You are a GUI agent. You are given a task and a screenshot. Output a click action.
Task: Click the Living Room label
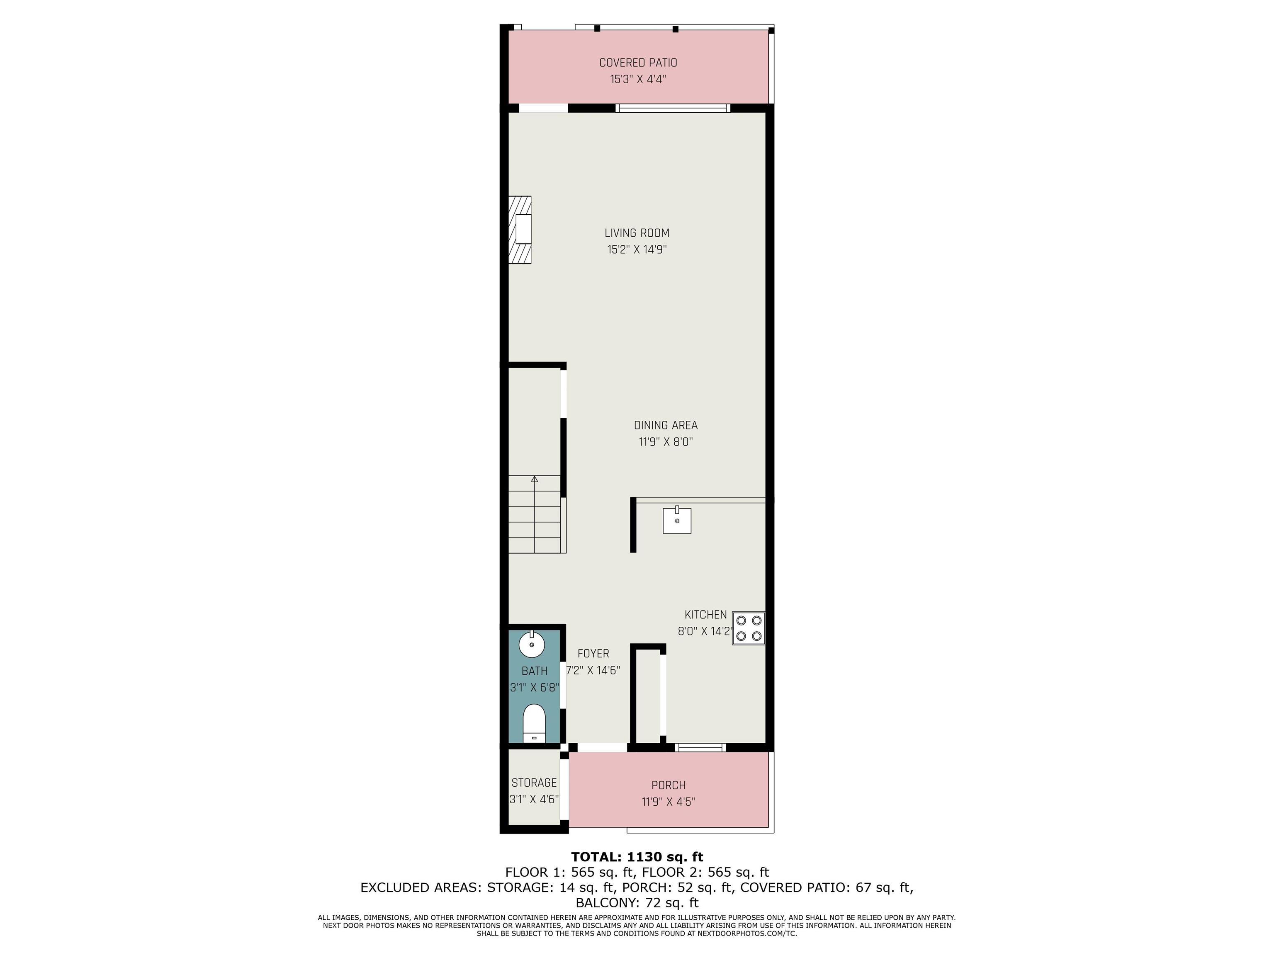point(637,233)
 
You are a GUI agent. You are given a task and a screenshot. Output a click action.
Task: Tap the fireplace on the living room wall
point(520,230)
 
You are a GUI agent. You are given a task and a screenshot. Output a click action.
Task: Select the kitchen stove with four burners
point(748,628)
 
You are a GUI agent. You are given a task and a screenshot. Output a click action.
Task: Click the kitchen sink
point(677,520)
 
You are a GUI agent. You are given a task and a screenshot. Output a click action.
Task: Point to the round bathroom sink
point(532,644)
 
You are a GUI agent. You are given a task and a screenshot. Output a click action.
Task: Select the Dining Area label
point(666,425)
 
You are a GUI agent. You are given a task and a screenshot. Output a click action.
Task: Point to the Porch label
point(668,785)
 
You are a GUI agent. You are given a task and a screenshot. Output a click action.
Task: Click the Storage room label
point(534,783)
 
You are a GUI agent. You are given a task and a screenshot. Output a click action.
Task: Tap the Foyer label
point(593,654)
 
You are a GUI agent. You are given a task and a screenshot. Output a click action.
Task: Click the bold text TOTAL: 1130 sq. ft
point(637,857)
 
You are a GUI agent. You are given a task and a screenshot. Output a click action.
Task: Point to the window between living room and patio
point(673,108)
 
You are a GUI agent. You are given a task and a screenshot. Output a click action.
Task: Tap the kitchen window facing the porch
point(700,747)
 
